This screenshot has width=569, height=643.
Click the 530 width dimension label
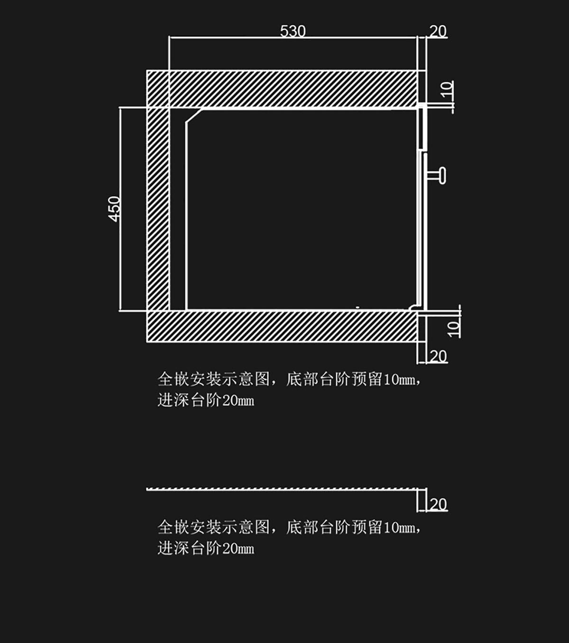click(293, 31)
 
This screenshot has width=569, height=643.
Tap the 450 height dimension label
click(115, 208)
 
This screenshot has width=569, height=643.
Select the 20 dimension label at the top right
click(438, 31)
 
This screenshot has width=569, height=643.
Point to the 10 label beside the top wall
click(447, 89)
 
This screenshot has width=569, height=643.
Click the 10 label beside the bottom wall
click(454, 328)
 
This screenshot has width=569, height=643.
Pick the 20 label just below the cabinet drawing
click(438, 356)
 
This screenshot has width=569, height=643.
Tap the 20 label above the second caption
click(438, 504)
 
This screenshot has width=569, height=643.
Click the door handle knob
click(441, 175)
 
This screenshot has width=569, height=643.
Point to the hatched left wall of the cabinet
click(158, 208)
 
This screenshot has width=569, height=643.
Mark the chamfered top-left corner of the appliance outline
click(193, 116)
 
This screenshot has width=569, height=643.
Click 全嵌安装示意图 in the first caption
click(213, 379)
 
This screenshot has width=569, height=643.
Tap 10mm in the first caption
click(400, 380)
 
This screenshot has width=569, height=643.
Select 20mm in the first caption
click(238, 401)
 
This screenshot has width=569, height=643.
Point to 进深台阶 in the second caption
click(189, 549)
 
